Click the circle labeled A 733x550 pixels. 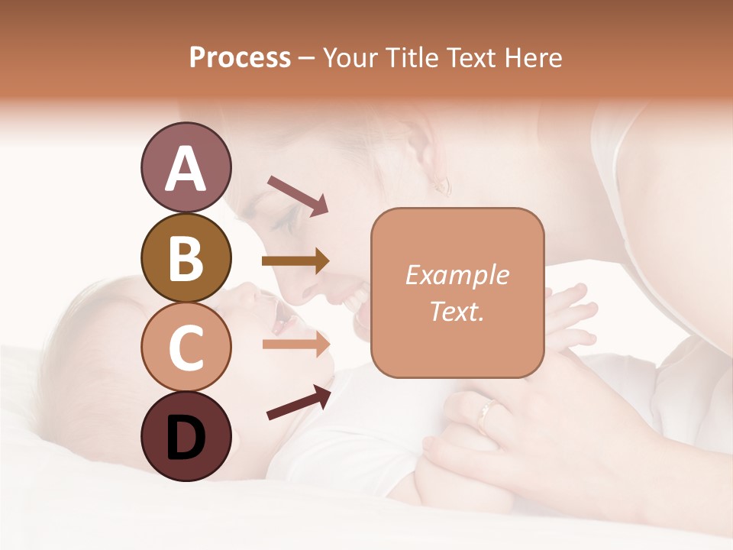coord(186,168)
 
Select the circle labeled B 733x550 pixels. coord(186,257)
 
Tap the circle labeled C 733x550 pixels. coord(186,347)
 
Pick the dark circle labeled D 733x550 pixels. coord(186,436)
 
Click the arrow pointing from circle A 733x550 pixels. coord(297,195)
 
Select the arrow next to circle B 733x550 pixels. coord(295,261)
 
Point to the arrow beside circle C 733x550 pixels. coord(295,344)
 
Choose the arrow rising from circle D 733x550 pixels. coord(299,403)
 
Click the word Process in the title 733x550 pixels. coord(240,57)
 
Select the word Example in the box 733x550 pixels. coord(457,275)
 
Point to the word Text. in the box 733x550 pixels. coord(457,311)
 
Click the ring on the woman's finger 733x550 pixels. coord(484,415)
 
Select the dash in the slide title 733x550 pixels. coord(306,58)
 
